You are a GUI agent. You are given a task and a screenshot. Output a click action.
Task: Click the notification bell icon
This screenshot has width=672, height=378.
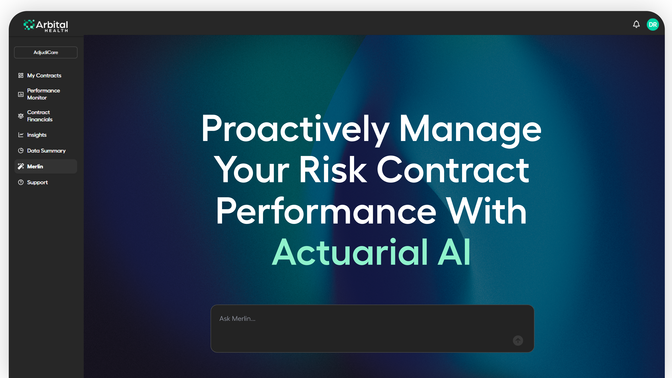coord(636,24)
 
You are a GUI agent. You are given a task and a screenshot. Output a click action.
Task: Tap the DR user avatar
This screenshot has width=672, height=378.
coord(653,25)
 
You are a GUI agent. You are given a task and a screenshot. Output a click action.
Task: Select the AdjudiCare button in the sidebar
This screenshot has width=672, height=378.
coord(46,52)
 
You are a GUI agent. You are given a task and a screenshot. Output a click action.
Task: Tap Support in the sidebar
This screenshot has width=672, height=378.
coord(37,182)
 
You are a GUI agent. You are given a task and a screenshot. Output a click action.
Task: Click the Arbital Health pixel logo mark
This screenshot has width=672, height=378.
coord(29,25)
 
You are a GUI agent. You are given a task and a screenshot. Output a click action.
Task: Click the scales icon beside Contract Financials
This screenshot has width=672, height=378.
coord(21,116)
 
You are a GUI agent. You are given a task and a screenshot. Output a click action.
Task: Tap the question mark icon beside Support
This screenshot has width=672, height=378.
coord(21,182)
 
